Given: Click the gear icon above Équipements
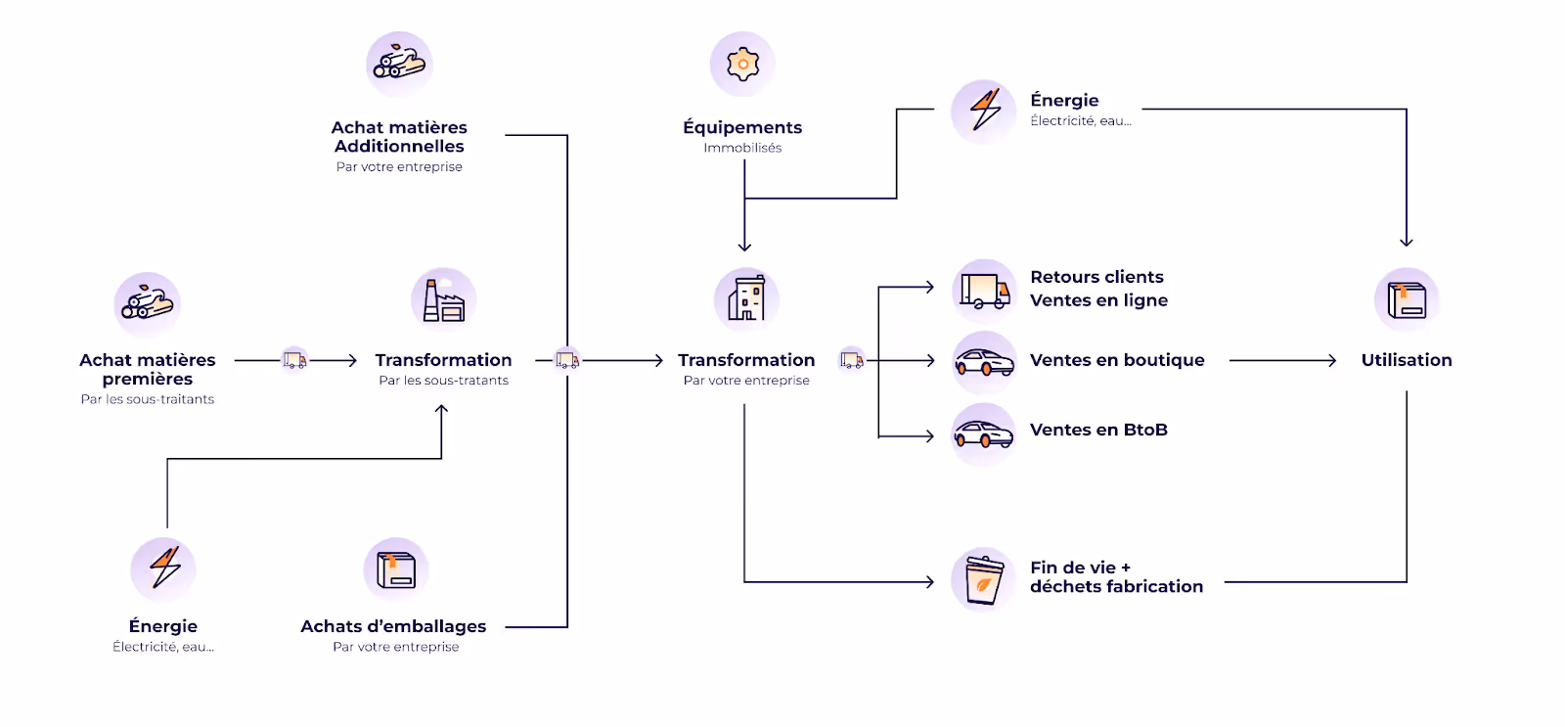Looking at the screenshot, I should (742, 65).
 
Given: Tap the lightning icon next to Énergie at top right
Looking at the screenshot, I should (984, 111).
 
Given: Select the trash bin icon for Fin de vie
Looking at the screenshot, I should (984, 579).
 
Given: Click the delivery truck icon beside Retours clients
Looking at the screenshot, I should (984, 292).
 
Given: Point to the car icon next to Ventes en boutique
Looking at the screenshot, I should (984, 363).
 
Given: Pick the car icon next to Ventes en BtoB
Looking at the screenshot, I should (984, 433).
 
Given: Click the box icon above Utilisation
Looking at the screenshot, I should (1407, 299).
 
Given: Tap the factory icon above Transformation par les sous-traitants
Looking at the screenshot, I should (443, 299).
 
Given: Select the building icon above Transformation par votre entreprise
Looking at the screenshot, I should (746, 298).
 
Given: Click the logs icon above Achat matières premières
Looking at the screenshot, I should (148, 304).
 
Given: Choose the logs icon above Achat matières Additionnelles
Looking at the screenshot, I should (399, 64).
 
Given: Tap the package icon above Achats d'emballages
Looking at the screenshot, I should (396, 569).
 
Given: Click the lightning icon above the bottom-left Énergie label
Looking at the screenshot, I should (164, 568).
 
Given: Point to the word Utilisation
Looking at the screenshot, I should (1407, 360).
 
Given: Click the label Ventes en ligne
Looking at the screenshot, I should (1098, 300).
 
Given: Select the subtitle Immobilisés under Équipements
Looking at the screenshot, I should (742, 148).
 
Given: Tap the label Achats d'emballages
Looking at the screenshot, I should (393, 626).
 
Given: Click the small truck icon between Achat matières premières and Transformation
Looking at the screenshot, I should (294, 360).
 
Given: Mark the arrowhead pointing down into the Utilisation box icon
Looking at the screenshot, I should (1407, 242).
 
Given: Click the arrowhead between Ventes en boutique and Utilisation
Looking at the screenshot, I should (1332, 360).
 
